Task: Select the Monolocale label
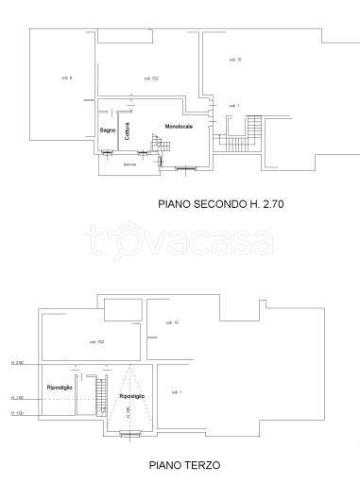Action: point(179,128)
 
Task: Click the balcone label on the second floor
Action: point(129,164)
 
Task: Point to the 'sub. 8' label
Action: point(66,78)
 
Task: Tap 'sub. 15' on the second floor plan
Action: point(235,60)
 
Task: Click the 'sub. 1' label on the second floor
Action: point(233,105)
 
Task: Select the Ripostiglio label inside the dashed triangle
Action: point(132,396)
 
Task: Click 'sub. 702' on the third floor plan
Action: point(96,341)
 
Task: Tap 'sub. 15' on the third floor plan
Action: point(172,324)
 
